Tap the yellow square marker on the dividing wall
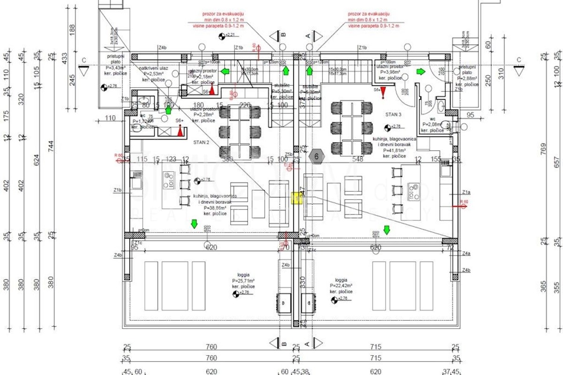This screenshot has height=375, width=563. click(297, 198)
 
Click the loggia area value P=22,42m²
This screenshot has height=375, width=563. click(341, 285)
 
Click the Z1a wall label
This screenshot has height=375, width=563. click(466, 193)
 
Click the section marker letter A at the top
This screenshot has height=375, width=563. click(308, 35)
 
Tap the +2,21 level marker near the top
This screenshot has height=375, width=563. click(229, 35)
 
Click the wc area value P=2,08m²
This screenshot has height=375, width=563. click(432, 125)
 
